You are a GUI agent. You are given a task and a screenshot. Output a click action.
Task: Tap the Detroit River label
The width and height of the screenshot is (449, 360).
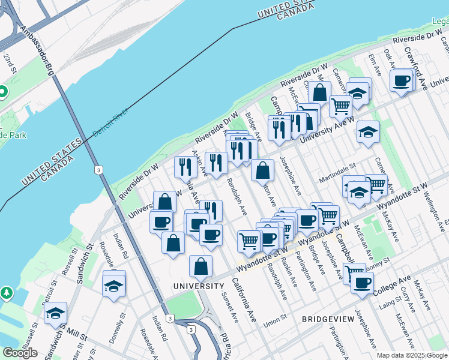tap(110, 124)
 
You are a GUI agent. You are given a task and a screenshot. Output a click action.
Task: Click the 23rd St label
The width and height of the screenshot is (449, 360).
tap(10, 62)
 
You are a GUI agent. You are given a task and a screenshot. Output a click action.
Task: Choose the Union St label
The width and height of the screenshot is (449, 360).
tap(275, 318)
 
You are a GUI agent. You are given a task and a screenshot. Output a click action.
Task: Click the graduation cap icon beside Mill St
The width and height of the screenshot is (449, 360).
tap(55, 313)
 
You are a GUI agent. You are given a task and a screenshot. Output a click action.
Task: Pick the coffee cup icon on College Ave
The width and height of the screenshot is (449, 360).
tap(362, 283)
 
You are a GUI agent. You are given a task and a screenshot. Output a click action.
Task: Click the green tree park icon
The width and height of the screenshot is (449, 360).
tap(6, 292)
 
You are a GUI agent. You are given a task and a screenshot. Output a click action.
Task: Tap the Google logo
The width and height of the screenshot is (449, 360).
tap(20, 352)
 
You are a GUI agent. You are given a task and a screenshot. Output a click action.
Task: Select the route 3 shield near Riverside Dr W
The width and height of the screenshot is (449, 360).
tap(97, 170)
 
